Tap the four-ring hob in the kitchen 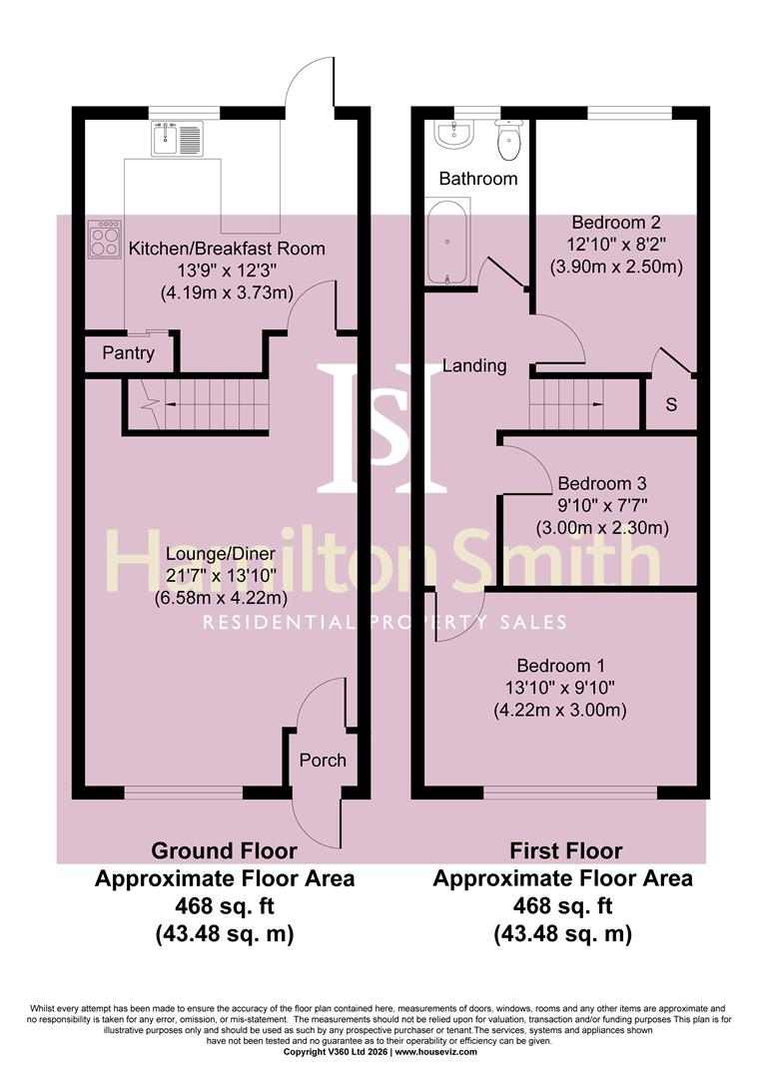[x=105, y=240]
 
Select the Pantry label [x=128, y=353]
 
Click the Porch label [x=323, y=761]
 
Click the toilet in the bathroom [x=509, y=141]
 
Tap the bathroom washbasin [x=454, y=136]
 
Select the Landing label [x=473, y=365]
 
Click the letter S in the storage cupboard [x=670, y=405]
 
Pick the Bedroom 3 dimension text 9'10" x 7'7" [x=601, y=504]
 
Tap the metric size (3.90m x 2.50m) [x=615, y=267]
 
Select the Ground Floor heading [x=224, y=851]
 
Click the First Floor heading [x=565, y=851]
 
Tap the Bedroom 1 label [x=560, y=666]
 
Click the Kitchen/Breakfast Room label [x=226, y=249]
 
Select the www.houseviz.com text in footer [x=435, y=1052]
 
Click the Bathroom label [x=478, y=179]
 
